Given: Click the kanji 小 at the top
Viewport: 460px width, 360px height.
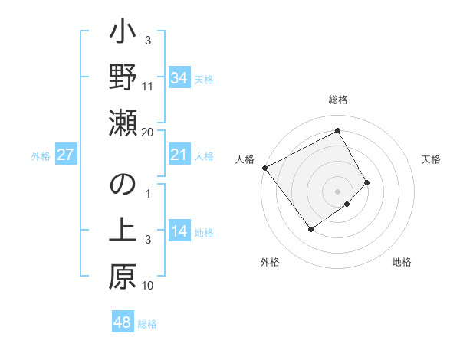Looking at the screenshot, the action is pos(123,34).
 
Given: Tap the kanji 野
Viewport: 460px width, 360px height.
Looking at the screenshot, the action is pos(123,77).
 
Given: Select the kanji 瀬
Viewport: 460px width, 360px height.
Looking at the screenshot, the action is pos(123,123).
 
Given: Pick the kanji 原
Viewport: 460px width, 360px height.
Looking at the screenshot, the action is pos(123,278).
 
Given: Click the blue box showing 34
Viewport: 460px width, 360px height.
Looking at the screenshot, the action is pos(179,77).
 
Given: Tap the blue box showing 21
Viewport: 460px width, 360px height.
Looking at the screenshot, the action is pos(179,155).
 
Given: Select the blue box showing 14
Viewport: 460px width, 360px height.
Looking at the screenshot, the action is pos(179,232).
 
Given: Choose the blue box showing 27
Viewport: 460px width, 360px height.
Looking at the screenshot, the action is pos(65,155).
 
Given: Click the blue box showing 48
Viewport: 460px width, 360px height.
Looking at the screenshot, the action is pos(123,322).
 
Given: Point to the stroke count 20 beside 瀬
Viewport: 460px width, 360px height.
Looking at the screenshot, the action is pos(148,132).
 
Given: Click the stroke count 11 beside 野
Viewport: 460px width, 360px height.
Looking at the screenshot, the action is pos(148,86).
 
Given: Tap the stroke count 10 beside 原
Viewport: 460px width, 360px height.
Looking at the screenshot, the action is pos(148,286).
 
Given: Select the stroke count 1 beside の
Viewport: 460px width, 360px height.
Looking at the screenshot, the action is pos(148,193).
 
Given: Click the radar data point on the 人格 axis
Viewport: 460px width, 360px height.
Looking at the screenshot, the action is pos(264,167).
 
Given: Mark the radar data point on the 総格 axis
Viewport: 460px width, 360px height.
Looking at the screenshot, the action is pos(337,131).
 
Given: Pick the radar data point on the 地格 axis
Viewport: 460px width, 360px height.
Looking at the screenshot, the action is pos(347,204).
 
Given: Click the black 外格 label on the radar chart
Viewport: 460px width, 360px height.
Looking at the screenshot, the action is pos(270,262).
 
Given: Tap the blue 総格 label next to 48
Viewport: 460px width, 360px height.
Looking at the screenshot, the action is pos(147,324).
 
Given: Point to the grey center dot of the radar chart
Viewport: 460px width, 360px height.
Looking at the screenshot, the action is pos(337,190).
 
